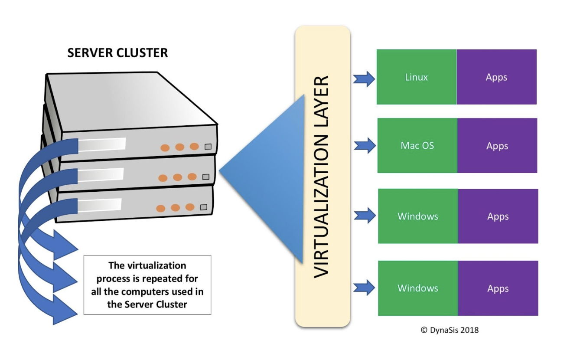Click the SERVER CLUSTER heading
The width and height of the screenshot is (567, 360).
click(117, 53)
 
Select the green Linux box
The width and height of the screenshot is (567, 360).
click(416, 77)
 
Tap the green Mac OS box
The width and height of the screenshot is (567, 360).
click(417, 146)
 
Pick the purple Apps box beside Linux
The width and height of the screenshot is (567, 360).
click(496, 77)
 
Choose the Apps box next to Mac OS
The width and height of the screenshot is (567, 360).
click(497, 146)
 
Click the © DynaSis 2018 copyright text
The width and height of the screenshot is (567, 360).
click(450, 330)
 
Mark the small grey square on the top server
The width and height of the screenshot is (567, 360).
click(208, 147)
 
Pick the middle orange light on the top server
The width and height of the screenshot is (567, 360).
click(179, 147)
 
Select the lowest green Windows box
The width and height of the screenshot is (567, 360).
click(418, 288)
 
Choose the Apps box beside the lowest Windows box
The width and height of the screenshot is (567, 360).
click(498, 288)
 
